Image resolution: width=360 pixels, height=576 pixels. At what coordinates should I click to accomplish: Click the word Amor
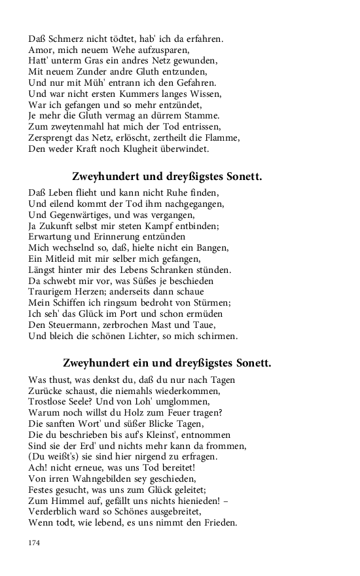tap(41, 50)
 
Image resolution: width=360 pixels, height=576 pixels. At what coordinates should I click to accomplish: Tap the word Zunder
tap(83, 71)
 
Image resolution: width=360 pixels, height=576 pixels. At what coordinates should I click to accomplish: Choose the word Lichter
tap(148, 336)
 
